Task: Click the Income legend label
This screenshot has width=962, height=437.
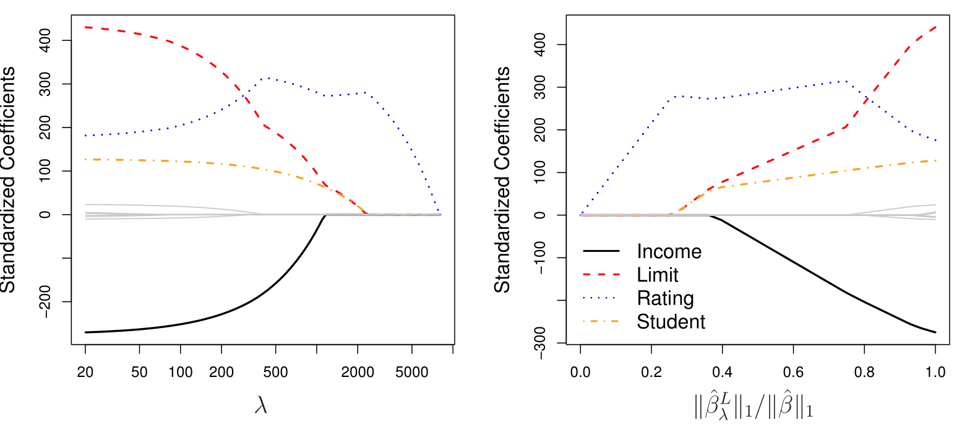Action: (x=669, y=252)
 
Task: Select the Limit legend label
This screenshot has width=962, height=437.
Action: (x=658, y=275)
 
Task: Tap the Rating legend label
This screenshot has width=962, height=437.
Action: (x=665, y=299)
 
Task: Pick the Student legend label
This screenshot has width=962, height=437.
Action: (x=671, y=322)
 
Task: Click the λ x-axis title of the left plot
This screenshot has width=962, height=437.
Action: (x=261, y=405)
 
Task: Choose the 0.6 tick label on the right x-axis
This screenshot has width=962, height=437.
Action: (x=793, y=373)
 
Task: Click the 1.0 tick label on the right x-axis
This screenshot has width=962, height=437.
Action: (x=935, y=373)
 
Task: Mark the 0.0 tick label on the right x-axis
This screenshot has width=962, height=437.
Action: (x=580, y=373)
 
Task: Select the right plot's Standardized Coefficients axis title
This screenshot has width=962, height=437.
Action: (x=503, y=179)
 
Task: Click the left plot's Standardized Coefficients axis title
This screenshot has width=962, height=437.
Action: (x=9, y=179)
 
